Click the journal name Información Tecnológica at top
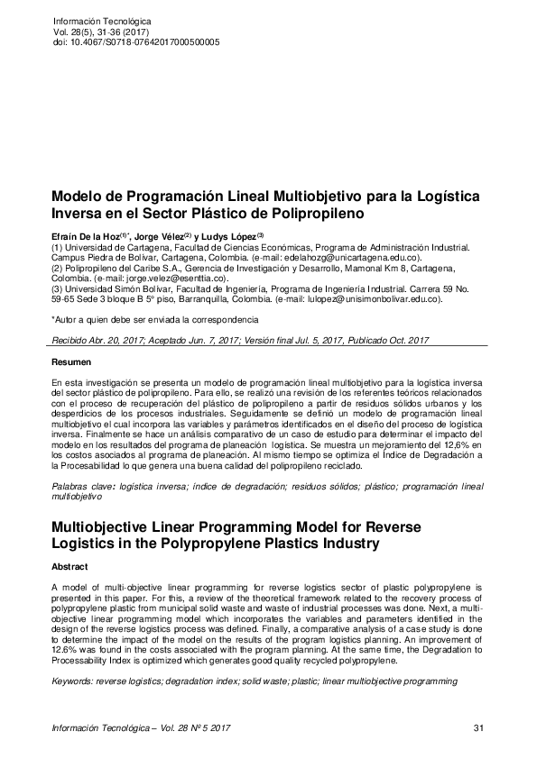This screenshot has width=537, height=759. (x=103, y=20)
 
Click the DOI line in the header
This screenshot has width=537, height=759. (x=136, y=42)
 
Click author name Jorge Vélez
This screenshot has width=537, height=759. (x=158, y=236)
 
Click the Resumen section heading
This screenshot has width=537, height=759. (x=71, y=362)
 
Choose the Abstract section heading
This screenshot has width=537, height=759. (x=70, y=566)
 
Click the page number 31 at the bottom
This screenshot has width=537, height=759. (x=478, y=727)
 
